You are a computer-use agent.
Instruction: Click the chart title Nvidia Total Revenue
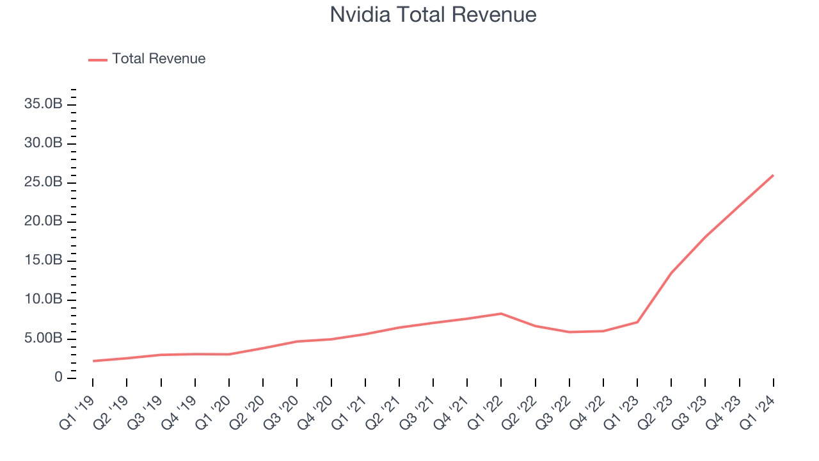433,15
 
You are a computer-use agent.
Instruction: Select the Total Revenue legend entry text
159,59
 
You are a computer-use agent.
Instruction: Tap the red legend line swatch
98,60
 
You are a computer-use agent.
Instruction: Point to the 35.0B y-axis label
43,104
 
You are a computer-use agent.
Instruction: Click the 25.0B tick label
43,182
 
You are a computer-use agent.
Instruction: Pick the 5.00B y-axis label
43,339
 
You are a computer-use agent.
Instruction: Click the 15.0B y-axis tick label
43,261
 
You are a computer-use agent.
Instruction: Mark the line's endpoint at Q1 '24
773,175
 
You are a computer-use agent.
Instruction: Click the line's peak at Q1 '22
501,313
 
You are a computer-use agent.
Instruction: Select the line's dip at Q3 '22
569,332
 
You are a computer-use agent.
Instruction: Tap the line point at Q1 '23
637,321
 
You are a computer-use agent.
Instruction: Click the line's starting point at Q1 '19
93,360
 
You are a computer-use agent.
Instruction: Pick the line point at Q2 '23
671,272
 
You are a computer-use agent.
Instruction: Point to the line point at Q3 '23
705,236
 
